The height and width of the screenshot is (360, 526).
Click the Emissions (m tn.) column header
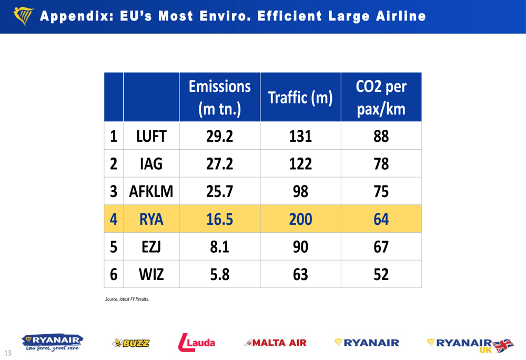(x=219, y=97)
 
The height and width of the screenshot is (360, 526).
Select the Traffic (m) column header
(x=300, y=98)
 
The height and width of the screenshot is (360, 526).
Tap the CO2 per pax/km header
(x=381, y=97)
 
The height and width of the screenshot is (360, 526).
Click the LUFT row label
(x=151, y=136)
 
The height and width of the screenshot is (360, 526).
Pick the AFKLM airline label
(x=151, y=191)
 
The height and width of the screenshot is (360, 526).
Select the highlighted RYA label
(x=151, y=219)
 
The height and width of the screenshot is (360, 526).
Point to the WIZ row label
(x=151, y=274)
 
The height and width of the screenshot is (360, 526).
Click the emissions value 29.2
(x=219, y=136)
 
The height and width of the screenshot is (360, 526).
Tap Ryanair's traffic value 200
(x=300, y=219)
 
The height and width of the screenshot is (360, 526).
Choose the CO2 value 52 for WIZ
(x=381, y=274)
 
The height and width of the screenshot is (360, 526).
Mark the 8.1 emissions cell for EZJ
(x=219, y=246)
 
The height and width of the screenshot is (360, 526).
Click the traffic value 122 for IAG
(x=300, y=164)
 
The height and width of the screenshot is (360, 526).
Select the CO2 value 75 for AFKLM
(x=381, y=191)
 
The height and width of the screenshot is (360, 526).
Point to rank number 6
(x=113, y=274)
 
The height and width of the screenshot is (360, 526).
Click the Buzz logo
(x=131, y=343)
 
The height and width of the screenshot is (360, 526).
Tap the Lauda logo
(x=197, y=343)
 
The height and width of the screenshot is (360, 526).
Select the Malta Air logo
(x=275, y=343)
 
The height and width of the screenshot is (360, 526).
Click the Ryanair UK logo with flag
(x=470, y=344)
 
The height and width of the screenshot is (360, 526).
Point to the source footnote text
(x=127, y=299)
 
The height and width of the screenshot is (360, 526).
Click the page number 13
(x=8, y=352)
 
